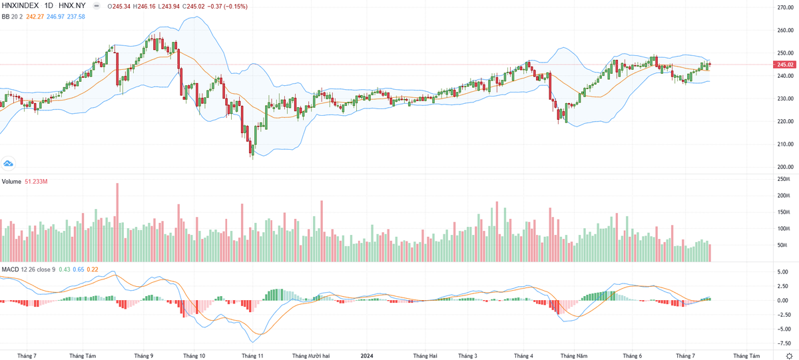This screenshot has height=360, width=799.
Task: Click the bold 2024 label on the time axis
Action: pyautogui.click(x=367, y=356)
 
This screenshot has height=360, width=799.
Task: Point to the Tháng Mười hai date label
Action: pyautogui.click(x=312, y=356)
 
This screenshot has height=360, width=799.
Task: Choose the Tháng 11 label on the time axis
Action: pyautogui.click(x=253, y=356)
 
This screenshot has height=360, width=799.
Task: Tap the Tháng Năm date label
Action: pyautogui.click(x=573, y=356)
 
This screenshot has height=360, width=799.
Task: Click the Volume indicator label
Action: pyautogui.click(x=11, y=181)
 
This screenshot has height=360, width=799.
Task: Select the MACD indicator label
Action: pyautogui.click(x=10, y=269)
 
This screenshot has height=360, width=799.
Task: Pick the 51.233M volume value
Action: pyautogui.click(x=37, y=181)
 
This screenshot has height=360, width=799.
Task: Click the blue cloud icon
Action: pyautogui.click(x=9, y=163)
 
